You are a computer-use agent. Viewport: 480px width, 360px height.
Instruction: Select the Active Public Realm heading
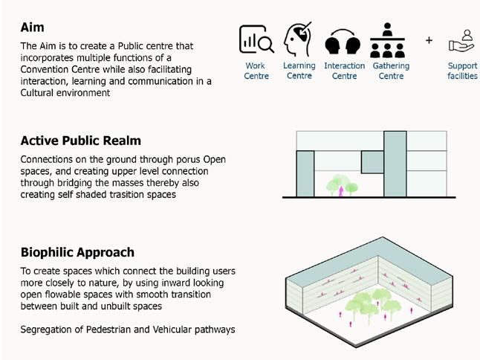(80, 141)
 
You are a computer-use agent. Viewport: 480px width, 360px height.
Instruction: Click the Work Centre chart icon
(256, 40)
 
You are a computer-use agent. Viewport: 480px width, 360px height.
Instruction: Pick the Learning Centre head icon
(298, 39)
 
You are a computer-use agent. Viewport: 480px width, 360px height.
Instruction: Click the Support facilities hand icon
(462, 40)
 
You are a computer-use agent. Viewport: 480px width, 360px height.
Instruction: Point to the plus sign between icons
(429, 40)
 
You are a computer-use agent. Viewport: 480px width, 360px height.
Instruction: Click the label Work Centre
(256, 71)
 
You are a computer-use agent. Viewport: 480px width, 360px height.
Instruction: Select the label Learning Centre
(299, 71)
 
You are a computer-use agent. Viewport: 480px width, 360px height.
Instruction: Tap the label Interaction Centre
(344, 71)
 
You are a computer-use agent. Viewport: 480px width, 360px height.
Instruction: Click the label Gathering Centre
(391, 71)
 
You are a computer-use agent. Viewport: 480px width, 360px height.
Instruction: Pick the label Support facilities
(462, 71)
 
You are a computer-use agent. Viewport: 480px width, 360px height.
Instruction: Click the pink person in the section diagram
(341, 190)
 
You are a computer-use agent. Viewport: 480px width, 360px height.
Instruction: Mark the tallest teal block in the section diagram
(395, 164)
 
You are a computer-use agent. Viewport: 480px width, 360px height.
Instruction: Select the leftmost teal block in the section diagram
(305, 173)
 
